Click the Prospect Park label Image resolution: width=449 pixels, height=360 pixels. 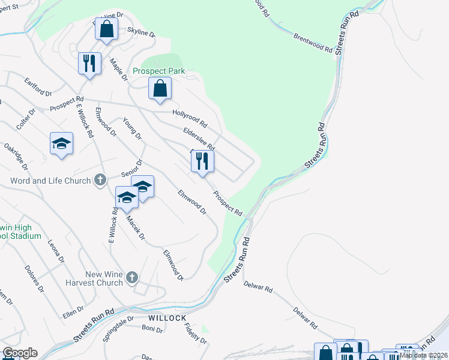[159, 71]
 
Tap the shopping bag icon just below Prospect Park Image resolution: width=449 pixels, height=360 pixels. [160, 89]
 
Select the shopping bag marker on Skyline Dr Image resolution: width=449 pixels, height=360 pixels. [106, 29]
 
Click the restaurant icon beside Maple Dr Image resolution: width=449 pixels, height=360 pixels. [89, 63]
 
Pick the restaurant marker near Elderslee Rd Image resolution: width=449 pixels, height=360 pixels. [202, 161]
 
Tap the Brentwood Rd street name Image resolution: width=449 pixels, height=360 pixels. [313, 41]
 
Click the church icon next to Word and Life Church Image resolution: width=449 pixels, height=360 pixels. [100, 180]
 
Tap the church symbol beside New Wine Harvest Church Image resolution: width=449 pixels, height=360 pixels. [133, 278]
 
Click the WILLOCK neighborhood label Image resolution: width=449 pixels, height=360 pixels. [167, 317]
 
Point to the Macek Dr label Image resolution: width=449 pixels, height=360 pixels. [136, 227]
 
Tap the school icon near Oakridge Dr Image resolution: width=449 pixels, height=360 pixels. [61, 143]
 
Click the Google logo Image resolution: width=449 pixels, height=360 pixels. [20, 353]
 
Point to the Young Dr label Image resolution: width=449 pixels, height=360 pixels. [132, 128]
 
